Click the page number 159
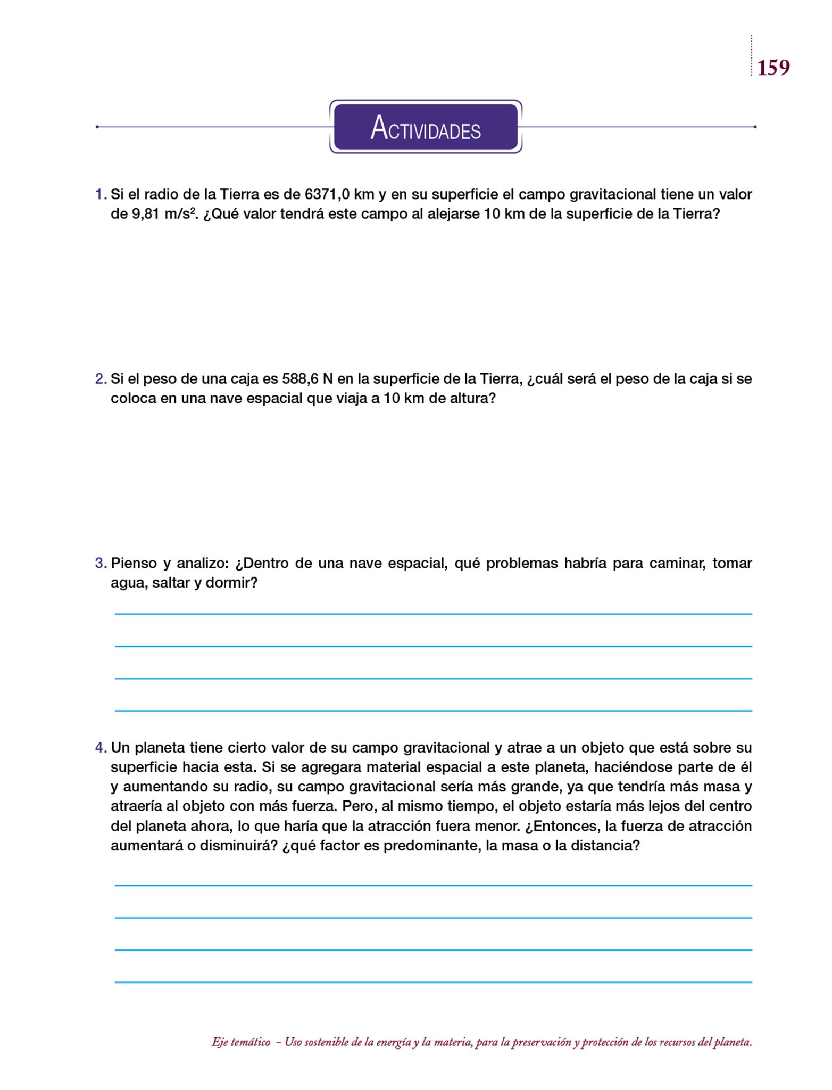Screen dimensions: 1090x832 (773, 68)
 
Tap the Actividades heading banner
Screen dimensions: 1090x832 (426, 127)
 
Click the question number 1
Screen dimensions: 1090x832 (101, 194)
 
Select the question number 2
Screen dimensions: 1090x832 (101, 379)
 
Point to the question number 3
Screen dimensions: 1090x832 (101, 563)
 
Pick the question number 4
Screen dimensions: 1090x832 (101, 748)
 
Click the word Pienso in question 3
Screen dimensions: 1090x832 (133, 563)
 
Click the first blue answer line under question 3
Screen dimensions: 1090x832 (433, 614)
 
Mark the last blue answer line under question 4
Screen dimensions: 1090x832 (433, 982)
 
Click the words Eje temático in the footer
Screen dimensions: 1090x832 (241, 1042)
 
